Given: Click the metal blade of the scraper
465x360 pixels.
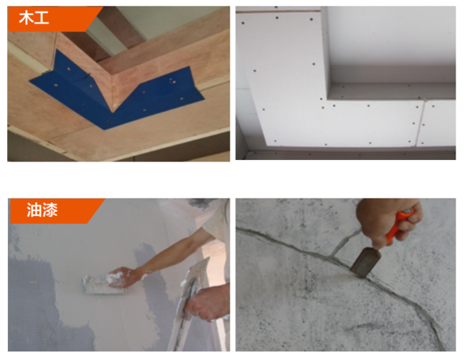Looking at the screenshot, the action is coord(365,263).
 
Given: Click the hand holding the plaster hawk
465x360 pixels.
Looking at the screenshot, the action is coord(208,301).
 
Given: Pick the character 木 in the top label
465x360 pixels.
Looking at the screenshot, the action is coord(26,18).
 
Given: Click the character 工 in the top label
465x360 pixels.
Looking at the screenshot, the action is coord(41,18).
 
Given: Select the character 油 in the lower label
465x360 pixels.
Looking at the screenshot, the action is coord(33,210).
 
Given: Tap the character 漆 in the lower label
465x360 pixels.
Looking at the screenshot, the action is coord(50,210).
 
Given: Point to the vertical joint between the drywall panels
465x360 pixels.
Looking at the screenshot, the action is coord(420,122).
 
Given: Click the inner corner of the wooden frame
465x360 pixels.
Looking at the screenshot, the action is coord(113,111).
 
